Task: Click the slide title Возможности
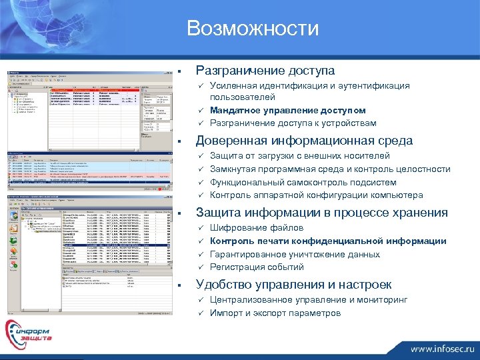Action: pyautogui.click(x=253, y=29)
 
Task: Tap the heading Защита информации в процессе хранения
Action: pyautogui.click(x=321, y=213)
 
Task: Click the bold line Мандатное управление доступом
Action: pyautogui.click(x=288, y=110)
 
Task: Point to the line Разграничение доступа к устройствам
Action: pyautogui.click(x=293, y=123)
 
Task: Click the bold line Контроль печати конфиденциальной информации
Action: pyautogui.click(x=328, y=241)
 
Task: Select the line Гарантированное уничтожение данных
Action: pyautogui.click(x=295, y=254)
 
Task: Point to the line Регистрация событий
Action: pyautogui.click(x=257, y=267)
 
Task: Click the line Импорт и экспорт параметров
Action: pyautogui.click(x=275, y=313)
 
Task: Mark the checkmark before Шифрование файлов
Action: pyautogui.click(x=200, y=228)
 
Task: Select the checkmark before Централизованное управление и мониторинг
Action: pyautogui.click(x=200, y=300)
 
